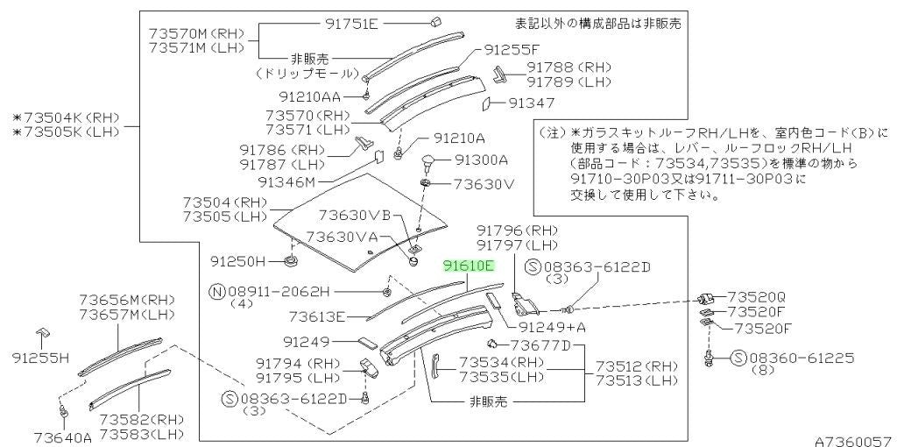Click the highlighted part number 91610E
click(470, 266)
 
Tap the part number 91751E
click(352, 24)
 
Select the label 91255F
click(512, 49)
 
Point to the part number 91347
click(532, 103)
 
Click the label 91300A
click(481, 160)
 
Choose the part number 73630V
click(484, 184)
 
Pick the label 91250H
click(238, 261)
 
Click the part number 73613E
click(317, 316)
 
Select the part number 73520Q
click(756, 297)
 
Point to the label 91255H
click(40, 358)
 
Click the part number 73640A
click(63, 438)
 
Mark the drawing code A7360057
click(855, 442)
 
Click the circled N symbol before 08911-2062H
click(217, 292)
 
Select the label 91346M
click(286, 182)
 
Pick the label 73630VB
click(354, 215)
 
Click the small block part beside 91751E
click(434, 22)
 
